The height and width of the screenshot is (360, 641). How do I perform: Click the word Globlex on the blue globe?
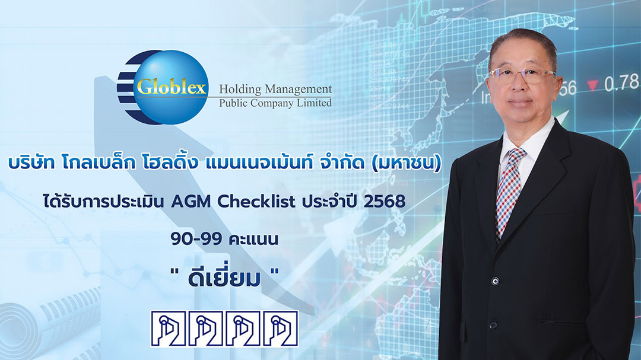click(x=172, y=87)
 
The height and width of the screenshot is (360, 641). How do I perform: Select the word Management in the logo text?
click(x=299, y=90)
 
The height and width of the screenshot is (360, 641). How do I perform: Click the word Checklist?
click(x=256, y=201)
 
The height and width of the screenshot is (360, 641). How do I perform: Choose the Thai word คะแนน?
click(x=253, y=239)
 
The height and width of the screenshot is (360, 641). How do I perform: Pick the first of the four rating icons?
click(x=168, y=329)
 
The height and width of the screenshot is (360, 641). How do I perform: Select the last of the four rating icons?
click(x=281, y=329)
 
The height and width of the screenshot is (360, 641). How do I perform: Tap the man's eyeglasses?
click(x=522, y=75)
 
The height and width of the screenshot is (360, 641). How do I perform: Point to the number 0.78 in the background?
click(x=621, y=84)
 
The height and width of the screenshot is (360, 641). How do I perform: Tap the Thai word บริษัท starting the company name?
click(x=31, y=163)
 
